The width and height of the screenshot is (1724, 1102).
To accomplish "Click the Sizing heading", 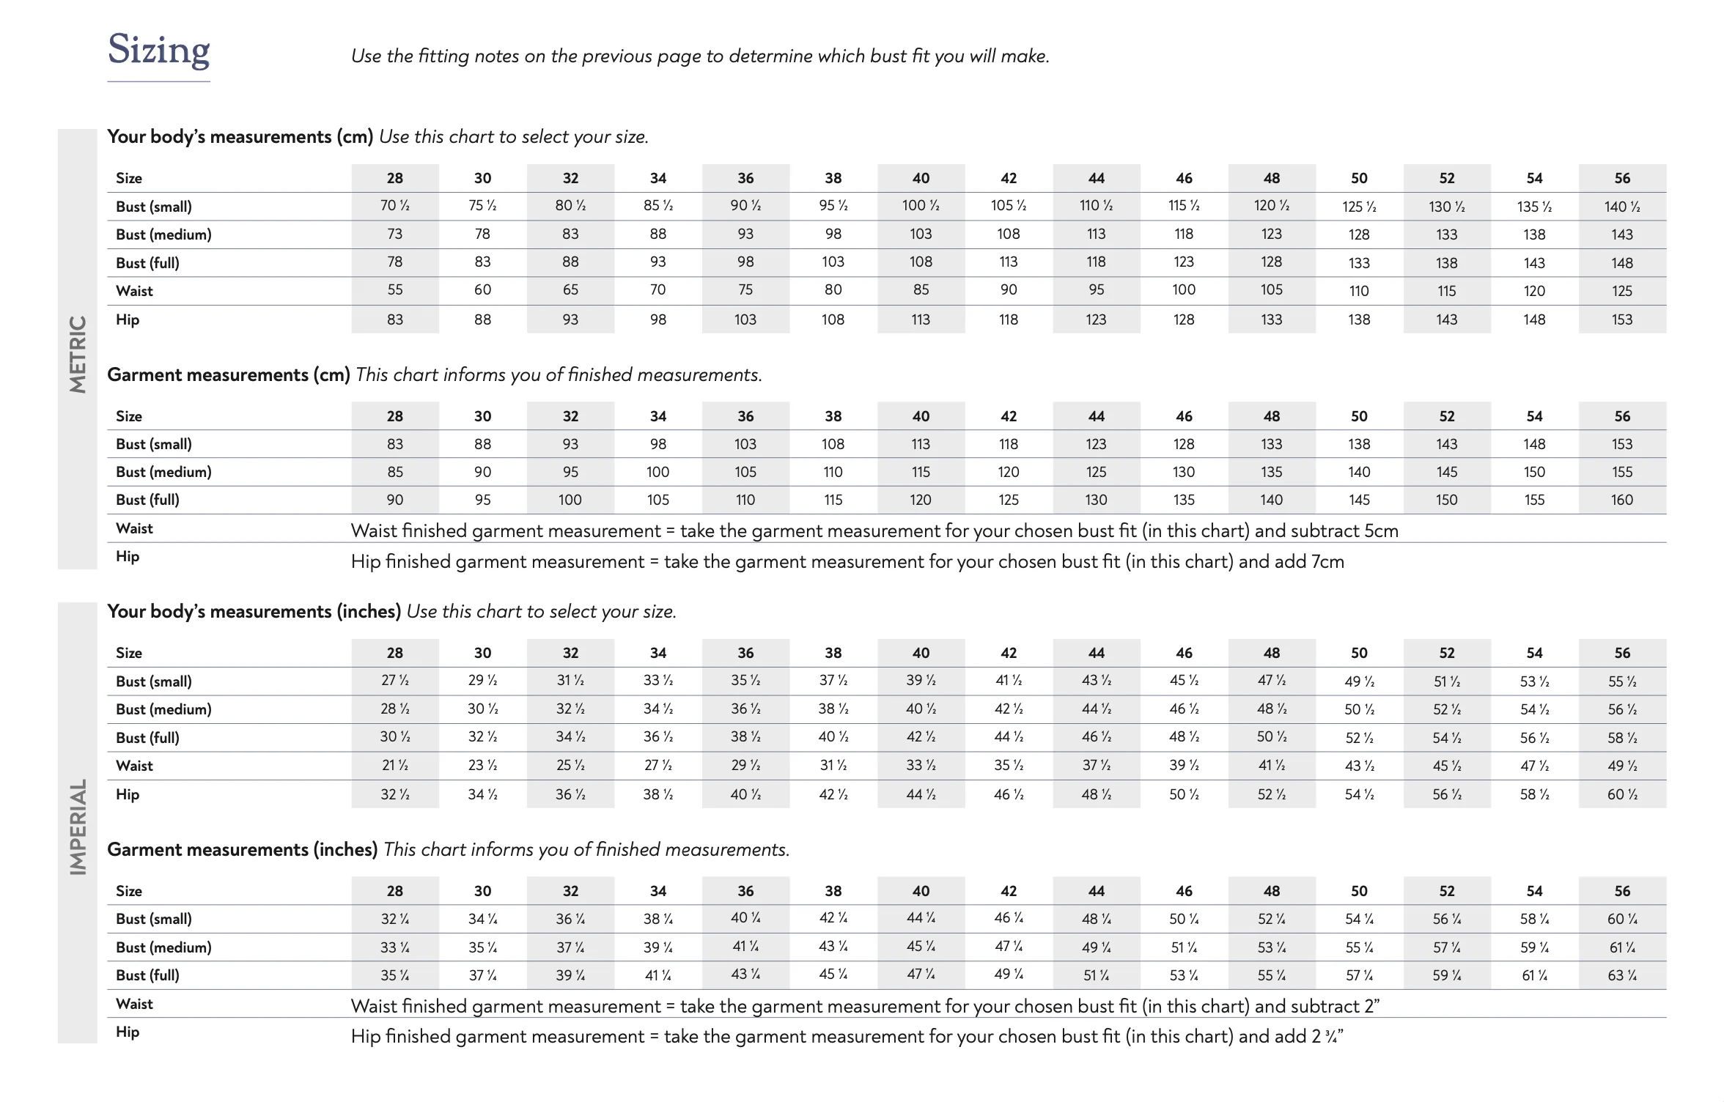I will click(x=158, y=50).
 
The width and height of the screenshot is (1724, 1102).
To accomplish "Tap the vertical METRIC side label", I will click(x=78, y=354).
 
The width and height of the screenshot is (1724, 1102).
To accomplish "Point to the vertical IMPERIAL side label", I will click(x=78, y=826).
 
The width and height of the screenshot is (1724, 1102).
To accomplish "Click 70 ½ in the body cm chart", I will click(x=394, y=206).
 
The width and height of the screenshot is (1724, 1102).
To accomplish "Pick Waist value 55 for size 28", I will click(x=394, y=290).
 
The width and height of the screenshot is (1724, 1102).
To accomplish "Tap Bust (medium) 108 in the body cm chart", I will click(x=1008, y=234).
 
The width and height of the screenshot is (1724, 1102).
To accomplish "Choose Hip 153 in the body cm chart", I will click(x=1621, y=319).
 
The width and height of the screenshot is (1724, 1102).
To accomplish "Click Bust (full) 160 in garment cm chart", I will click(x=1621, y=500).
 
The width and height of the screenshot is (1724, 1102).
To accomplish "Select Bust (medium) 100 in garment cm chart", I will click(x=657, y=473).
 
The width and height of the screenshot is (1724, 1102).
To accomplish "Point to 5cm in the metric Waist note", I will click(x=1381, y=531).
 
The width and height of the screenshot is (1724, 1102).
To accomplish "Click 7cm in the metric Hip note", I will click(x=1327, y=562).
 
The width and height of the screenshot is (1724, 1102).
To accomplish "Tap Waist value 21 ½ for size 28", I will click(x=394, y=766).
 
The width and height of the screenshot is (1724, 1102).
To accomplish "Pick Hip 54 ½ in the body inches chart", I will click(x=1359, y=794).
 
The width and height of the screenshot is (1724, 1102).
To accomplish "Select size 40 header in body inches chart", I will click(x=921, y=653).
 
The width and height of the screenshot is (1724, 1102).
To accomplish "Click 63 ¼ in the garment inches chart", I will click(x=1621, y=976).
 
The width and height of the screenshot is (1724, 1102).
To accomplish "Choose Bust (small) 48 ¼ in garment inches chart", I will click(x=1096, y=920).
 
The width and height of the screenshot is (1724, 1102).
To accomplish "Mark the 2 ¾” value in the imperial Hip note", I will click(x=1327, y=1037).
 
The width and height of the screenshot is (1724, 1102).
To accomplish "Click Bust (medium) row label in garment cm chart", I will click(x=163, y=473).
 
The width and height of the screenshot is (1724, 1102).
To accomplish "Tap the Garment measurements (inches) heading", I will click(x=242, y=850).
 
